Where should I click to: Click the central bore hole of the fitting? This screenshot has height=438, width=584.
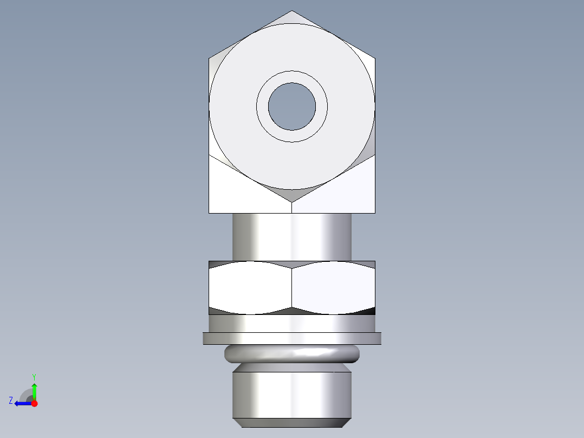coord(292,106)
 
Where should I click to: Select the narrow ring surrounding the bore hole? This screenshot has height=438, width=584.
coord(292,76)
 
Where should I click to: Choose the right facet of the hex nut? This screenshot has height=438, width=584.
coord(333,287)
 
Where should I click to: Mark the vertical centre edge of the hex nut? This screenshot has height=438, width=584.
coord(292,287)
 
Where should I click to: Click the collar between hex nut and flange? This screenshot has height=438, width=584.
coord(292,324)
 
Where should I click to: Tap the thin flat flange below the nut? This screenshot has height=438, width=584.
coord(292,338)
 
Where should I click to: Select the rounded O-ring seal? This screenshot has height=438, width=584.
coord(292,354)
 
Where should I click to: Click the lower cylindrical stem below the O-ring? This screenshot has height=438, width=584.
coord(292,393)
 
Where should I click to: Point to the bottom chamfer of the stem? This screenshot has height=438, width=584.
coord(292,423)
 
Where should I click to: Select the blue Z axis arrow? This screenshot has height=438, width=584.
coord(22,403)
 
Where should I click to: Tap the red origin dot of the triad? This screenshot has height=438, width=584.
coord(34,403)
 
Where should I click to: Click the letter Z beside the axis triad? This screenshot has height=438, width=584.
coord(11,401)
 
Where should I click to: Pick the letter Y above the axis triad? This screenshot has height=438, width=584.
coord(34,377)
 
